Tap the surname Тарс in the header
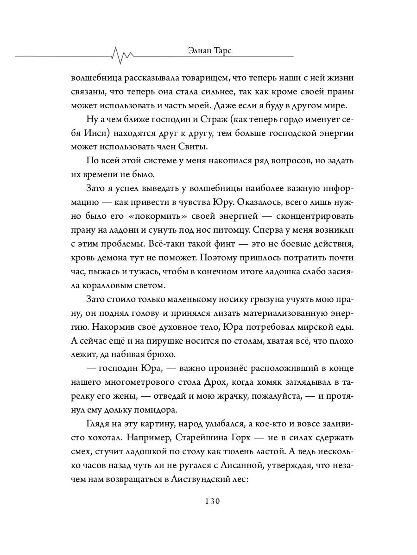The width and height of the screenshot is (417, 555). pyautogui.click(x=219, y=51)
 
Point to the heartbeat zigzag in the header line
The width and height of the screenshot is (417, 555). pyautogui.click(x=123, y=55)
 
